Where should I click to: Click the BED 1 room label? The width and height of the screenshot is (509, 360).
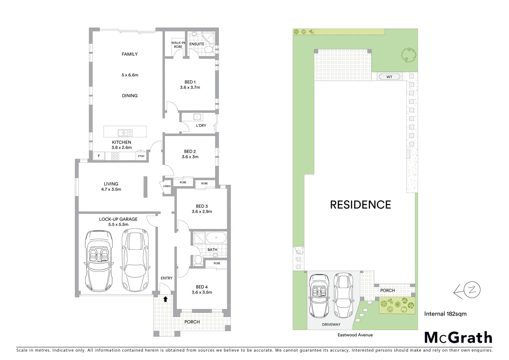coord(190,82)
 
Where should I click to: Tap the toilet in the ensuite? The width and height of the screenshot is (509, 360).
coord(208,50)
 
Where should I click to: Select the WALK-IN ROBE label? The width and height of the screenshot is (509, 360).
coord(178,45)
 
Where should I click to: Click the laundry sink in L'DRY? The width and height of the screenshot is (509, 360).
coord(197,117)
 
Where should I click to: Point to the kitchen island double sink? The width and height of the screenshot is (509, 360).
coord(125,133)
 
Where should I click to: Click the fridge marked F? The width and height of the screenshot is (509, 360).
coord(99,156)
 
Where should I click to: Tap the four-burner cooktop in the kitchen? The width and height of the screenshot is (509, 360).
coord(115,156)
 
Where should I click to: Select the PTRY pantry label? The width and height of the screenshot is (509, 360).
coord(141,156)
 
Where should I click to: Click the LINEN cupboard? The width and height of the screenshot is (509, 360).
coord(167,186)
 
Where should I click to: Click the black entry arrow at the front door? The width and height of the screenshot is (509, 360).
coord(165,299)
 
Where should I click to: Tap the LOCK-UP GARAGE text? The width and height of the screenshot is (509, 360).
coord(118,219)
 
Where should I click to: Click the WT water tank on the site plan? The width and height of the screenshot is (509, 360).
coord(389,77)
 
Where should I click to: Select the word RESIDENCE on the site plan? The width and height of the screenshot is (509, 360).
coord(360,205)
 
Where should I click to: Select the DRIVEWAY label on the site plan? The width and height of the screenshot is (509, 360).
coord(331,324)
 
